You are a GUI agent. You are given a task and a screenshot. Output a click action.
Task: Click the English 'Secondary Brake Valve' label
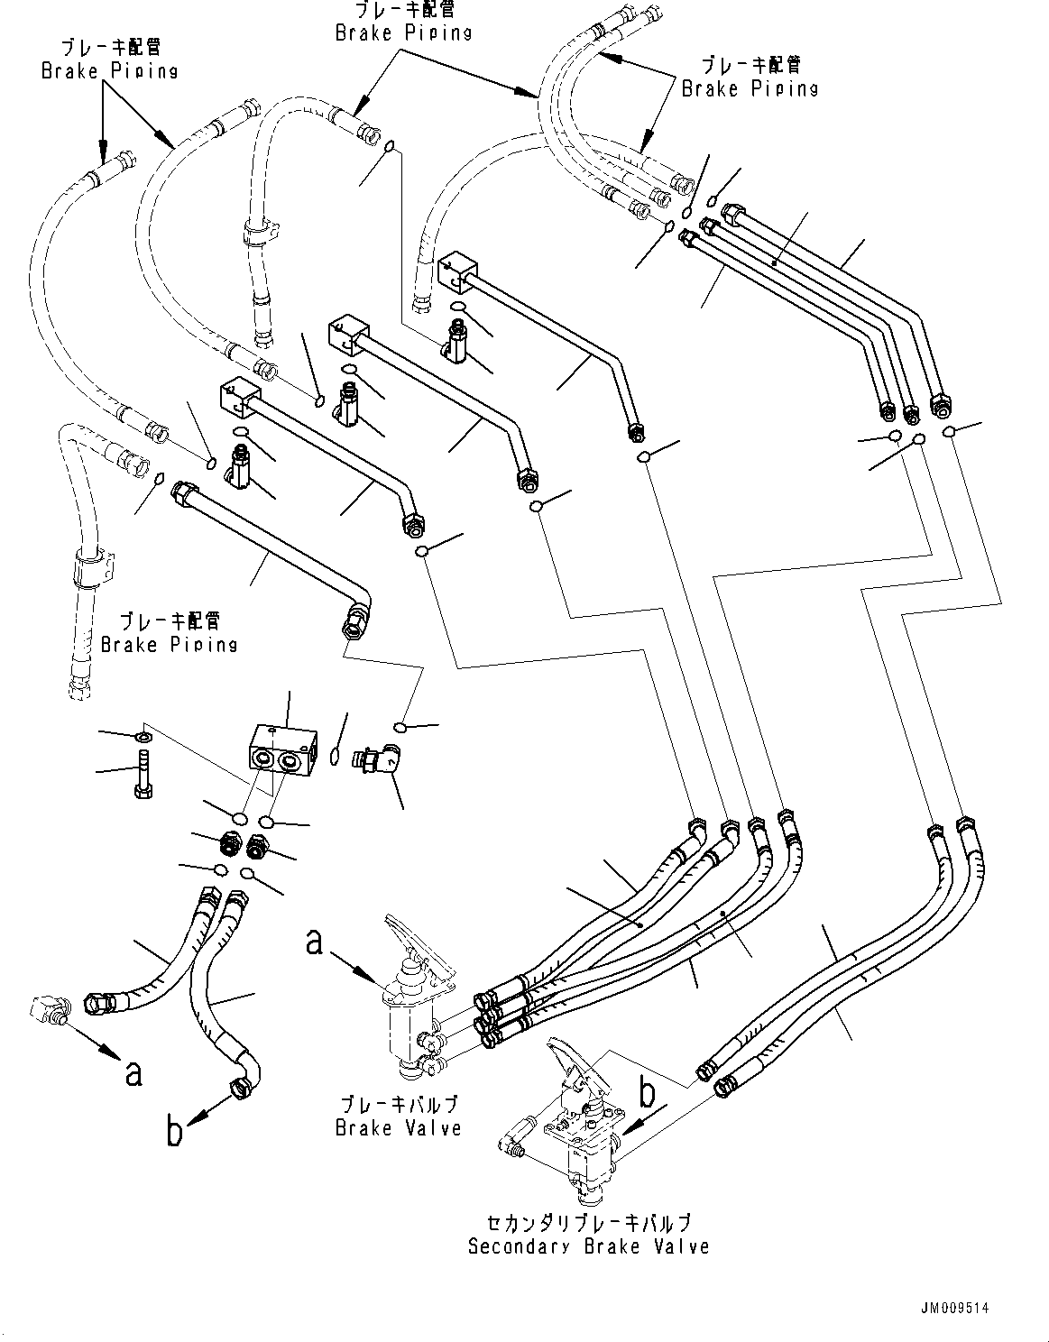(588, 1246)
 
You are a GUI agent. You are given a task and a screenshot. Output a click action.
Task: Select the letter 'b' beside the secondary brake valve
(647, 1093)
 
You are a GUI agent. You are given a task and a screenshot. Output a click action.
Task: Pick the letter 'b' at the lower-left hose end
(175, 1131)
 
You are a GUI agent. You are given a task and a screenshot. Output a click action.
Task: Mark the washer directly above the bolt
(143, 740)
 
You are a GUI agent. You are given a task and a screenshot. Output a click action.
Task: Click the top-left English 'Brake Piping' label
(109, 70)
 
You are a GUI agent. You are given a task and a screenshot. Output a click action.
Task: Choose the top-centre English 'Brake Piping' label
(403, 32)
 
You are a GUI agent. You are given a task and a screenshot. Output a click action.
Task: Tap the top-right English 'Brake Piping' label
(750, 88)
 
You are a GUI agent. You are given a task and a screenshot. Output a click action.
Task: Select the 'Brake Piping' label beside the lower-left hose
(170, 644)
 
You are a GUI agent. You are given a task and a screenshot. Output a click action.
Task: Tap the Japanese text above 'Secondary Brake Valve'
(588, 1223)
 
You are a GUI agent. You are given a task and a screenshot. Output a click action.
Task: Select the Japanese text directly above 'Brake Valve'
(398, 1105)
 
